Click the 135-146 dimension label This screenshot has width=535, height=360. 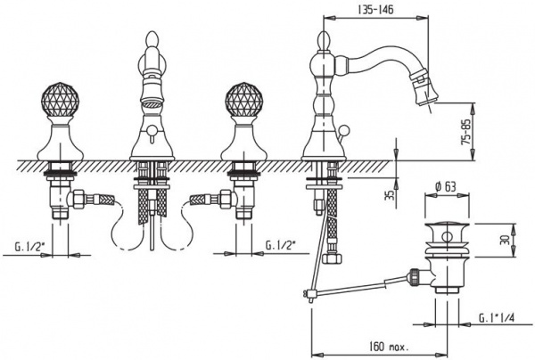point(375,9)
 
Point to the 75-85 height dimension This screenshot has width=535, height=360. point(466,131)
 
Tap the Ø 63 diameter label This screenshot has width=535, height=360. point(446,187)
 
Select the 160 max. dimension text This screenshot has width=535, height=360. point(390,347)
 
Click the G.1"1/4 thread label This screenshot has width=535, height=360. point(497,318)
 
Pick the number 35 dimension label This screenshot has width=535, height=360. point(391,194)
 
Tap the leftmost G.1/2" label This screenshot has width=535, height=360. point(30,246)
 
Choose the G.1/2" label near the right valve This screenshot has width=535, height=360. point(281,245)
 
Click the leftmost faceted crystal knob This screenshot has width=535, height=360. point(60,100)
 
